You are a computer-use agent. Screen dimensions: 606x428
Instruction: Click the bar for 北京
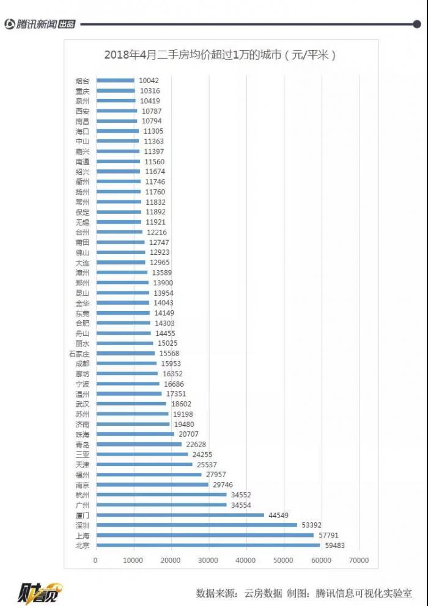(x=207, y=546)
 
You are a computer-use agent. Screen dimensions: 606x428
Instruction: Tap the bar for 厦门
(x=180, y=515)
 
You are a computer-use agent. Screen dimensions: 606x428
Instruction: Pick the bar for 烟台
(x=115, y=81)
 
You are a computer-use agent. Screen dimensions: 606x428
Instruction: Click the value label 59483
(x=334, y=546)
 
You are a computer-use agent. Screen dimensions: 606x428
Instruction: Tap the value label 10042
(x=149, y=81)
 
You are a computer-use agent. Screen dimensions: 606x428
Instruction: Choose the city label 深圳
(x=82, y=525)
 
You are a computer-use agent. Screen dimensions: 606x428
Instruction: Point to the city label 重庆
(x=82, y=91)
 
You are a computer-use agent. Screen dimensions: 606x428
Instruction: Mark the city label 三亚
(x=82, y=454)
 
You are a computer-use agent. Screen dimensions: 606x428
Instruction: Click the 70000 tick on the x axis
(x=359, y=560)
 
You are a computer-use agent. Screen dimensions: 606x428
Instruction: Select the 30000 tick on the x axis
(x=208, y=560)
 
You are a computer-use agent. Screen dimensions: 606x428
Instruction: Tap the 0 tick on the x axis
(x=95, y=560)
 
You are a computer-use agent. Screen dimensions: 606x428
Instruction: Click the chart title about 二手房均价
(x=221, y=55)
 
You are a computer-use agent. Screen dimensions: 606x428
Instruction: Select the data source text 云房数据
(x=264, y=593)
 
